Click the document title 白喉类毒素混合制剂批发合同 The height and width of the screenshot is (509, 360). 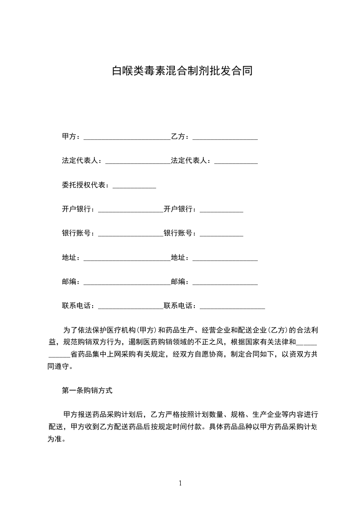click(182, 71)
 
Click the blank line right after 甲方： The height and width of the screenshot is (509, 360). click(127, 138)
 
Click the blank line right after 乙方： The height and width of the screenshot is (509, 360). click(225, 138)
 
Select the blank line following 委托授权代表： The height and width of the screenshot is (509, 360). click(134, 187)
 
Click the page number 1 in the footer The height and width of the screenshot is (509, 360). click(180, 483)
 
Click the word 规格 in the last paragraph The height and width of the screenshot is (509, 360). click(237, 414)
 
